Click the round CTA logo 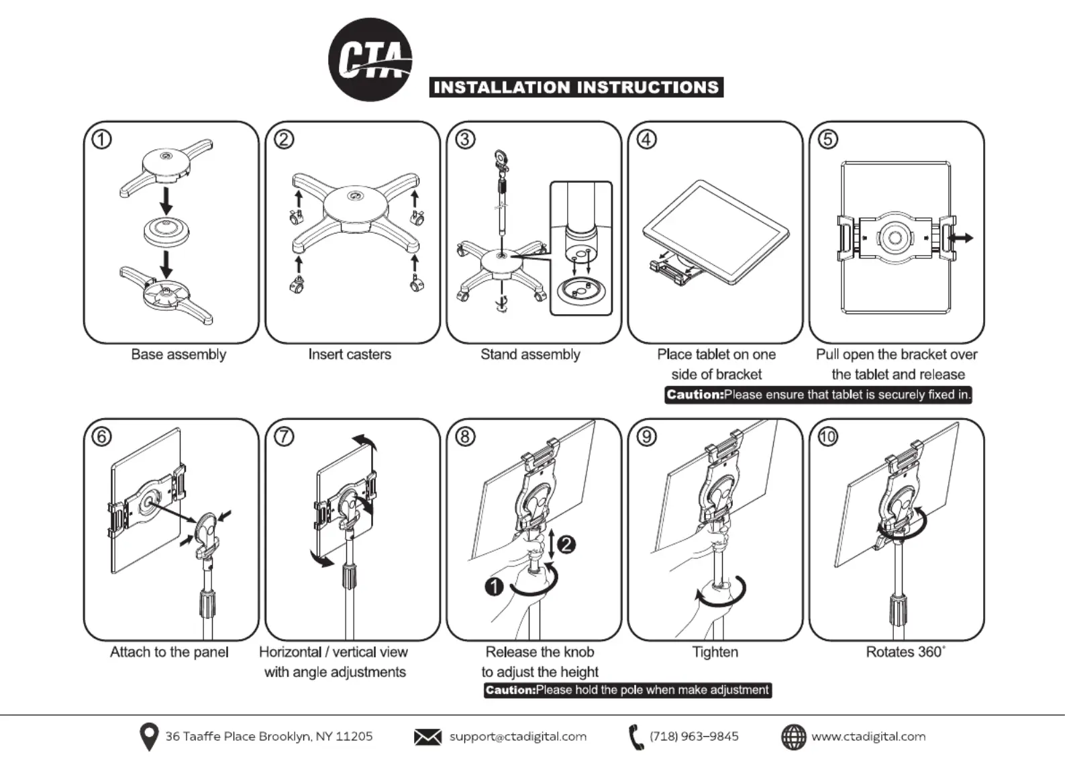pos(370,60)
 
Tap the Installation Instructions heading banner pos(576,87)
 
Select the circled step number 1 pos(101,140)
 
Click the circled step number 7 pos(284,437)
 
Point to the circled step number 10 pos(827,437)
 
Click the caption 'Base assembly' pos(179,354)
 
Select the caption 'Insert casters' pos(350,354)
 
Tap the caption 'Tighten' pos(715,652)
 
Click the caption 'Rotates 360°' pos(905,652)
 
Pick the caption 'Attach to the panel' pos(169,652)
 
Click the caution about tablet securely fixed pos(818,395)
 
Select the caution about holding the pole pos(627,690)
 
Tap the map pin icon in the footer pos(148,737)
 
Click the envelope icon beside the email pos(427,737)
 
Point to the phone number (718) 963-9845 pos(693,736)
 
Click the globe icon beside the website pos(793,737)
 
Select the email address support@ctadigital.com pos(517,736)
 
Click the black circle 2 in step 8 pos(566,544)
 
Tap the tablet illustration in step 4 pos(715,232)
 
